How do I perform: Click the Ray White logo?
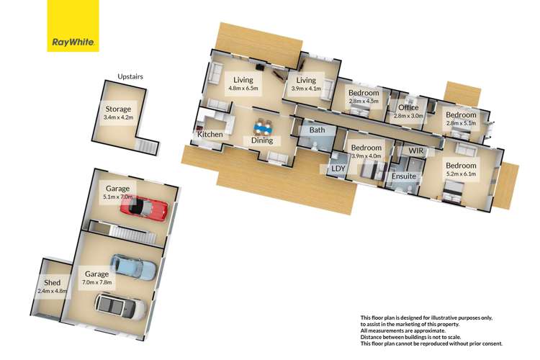73,26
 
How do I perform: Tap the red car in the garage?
144,208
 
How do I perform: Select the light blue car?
133,267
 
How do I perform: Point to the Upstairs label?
130,76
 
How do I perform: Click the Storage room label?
118,109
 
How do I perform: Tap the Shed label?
52,282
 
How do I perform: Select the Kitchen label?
210,135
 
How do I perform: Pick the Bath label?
317,130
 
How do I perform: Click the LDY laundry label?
338,168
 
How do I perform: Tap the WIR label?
416,150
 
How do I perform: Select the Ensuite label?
404,176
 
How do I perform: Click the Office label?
408,107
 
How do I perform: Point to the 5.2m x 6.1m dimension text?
461,174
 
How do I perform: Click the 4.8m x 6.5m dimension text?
243,88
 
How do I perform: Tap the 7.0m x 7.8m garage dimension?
96,282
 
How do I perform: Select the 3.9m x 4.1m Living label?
306,84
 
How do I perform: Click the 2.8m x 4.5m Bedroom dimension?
364,102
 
